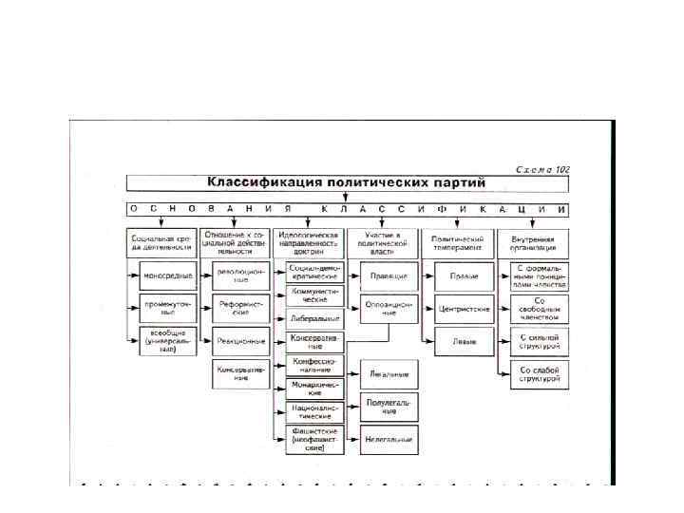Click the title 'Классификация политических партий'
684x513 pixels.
pyautogui.click(x=347, y=182)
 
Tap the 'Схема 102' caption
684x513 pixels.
pyautogui.click(x=542, y=169)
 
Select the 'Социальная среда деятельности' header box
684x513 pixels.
pyautogui.click(x=161, y=243)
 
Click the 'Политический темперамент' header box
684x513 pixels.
pyautogui.click(x=459, y=243)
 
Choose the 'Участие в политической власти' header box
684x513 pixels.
pyautogui.click(x=384, y=243)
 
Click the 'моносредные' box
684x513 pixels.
pyautogui.click(x=168, y=275)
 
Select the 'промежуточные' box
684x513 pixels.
pyautogui.click(x=168, y=308)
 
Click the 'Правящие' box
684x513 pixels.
pyautogui.click(x=389, y=275)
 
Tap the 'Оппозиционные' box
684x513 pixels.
pyautogui.click(x=389, y=308)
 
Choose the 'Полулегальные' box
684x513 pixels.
pyautogui.click(x=389, y=408)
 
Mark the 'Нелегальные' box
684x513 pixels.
pyautogui.click(x=389, y=440)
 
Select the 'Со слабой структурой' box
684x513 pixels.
pyautogui.click(x=540, y=373)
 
